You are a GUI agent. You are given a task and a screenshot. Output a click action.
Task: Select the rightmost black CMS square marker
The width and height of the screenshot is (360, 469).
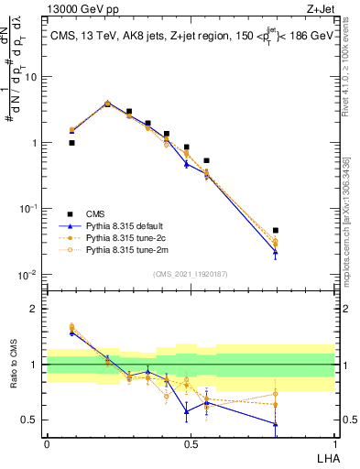(276, 231)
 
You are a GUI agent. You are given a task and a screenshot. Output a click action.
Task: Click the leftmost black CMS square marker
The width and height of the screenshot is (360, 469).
(71, 143)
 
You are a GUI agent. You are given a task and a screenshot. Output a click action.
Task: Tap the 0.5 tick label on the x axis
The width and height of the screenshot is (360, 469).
(191, 442)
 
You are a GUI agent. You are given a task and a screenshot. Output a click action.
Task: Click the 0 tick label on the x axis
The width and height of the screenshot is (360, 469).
(47, 442)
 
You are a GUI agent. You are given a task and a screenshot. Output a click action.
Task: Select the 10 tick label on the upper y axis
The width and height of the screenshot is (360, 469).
(33, 76)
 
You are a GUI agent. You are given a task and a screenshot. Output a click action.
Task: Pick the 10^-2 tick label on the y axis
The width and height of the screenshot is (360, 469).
(30, 275)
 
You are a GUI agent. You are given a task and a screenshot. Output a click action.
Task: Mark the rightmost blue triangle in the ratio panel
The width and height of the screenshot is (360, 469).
(276, 423)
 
